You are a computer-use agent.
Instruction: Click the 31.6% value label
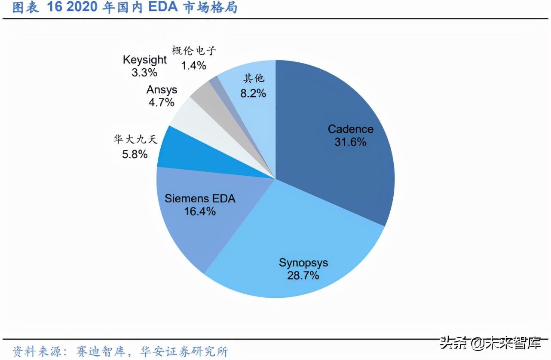coord(350,142)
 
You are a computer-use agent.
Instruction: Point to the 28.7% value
coord(303,275)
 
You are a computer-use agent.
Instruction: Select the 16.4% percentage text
coord(200,211)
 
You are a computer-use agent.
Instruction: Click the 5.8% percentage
coord(135,154)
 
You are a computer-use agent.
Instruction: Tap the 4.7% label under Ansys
coord(161,102)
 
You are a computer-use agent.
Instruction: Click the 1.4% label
coord(193,65)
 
